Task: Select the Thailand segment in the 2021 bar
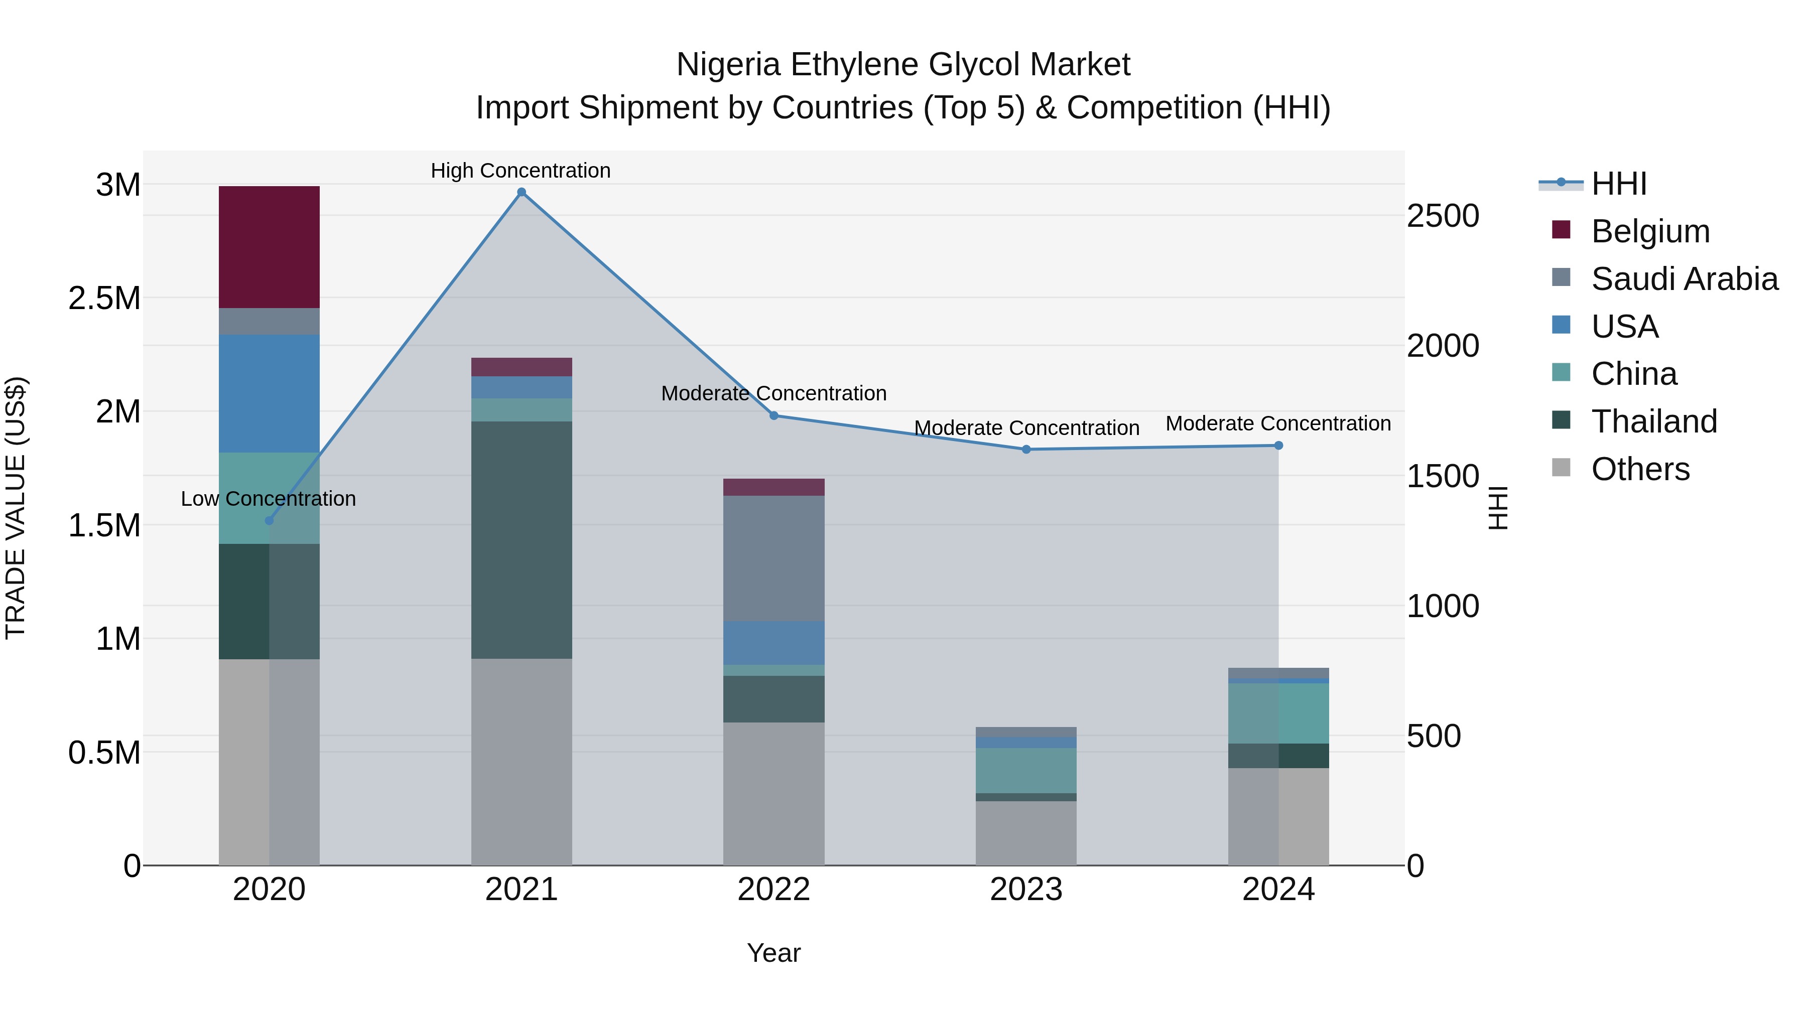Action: pos(521,539)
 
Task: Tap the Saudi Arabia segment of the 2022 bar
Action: pos(773,558)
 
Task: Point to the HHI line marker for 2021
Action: pos(521,192)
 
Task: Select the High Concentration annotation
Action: pos(521,171)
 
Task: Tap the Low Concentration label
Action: pos(268,499)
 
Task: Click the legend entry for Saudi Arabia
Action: pos(1684,279)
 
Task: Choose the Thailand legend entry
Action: pos(1653,421)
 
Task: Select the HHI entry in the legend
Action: pos(1618,184)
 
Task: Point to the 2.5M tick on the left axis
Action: pos(104,298)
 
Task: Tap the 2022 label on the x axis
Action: pos(773,890)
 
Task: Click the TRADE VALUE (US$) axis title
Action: pos(16,508)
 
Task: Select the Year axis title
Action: pos(773,953)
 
